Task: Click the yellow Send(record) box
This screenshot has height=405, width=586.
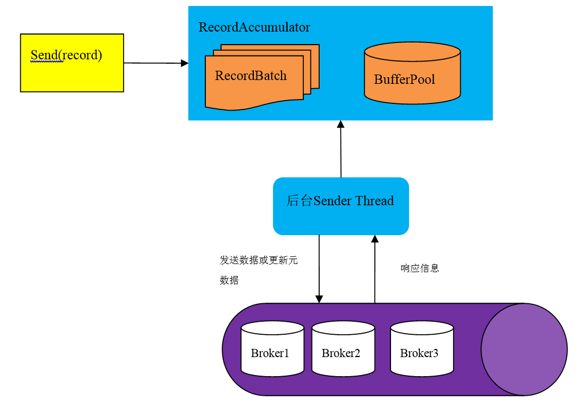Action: [72, 63]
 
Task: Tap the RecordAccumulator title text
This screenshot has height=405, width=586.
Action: [254, 27]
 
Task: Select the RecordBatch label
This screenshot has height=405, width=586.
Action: [251, 76]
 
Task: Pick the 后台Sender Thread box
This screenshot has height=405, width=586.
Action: [340, 206]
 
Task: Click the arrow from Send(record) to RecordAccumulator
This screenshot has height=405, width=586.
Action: [155, 63]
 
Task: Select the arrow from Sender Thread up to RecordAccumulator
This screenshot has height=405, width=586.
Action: [341, 150]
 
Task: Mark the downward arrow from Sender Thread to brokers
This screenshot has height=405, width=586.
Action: [319, 267]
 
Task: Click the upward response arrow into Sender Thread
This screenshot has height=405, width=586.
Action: [375, 269]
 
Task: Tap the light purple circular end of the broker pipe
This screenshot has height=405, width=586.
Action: [524, 349]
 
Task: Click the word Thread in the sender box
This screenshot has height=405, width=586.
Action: [374, 201]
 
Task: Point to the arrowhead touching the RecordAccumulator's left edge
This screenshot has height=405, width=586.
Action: [185, 63]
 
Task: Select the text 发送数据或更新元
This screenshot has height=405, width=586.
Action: [259, 260]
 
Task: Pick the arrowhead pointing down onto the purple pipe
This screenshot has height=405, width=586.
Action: [319, 299]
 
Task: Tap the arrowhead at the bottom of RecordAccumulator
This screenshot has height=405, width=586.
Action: [340, 124]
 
